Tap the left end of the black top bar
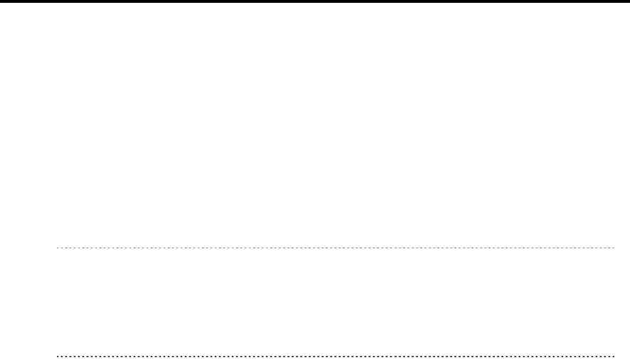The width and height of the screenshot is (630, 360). click(x=2, y=1)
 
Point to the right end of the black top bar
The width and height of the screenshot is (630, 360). click(x=627, y=1)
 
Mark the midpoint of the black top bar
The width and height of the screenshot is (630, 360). click(x=315, y=1)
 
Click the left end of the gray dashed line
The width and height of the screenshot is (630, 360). click(x=58, y=248)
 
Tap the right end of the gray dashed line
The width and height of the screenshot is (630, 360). click(x=614, y=248)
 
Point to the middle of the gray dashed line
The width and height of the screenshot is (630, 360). click(x=335, y=248)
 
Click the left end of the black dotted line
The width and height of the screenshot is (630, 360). click(x=58, y=354)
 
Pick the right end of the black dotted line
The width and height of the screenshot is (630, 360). click(x=614, y=354)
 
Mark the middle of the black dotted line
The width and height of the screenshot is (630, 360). click(x=335, y=354)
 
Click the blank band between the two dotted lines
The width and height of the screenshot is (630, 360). click(x=335, y=302)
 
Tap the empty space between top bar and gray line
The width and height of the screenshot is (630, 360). click(x=315, y=125)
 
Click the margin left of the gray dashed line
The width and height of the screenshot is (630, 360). click(x=28, y=248)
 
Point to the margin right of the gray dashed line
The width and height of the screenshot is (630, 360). click(x=622, y=248)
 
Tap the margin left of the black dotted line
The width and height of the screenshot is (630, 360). click(x=28, y=354)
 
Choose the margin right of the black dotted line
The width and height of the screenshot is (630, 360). click(x=622, y=354)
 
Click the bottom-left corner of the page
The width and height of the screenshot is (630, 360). click(x=2, y=357)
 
